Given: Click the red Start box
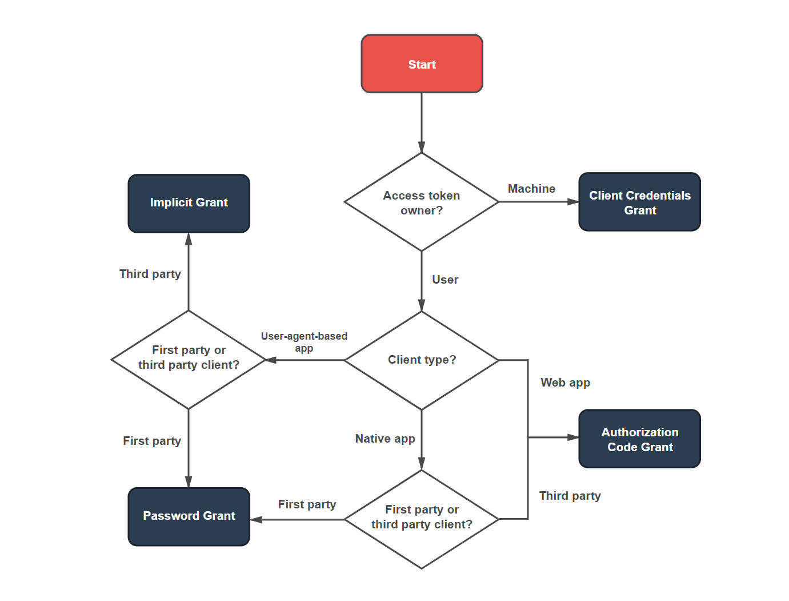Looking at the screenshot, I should pyautogui.click(x=422, y=63).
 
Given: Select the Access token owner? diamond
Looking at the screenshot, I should pyautogui.click(x=422, y=202).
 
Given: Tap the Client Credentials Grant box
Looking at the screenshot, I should pyautogui.click(x=639, y=202).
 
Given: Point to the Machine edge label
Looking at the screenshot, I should pyautogui.click(x=531, y=189).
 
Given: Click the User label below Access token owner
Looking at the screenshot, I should pyautogui.click(x=445, y=280).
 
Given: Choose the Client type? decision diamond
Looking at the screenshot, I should pyautogui.click(x=422, y=360).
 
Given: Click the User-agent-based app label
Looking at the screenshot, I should pyautogui.click(x=304, y=342).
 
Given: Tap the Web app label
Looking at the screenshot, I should pyautogui.click(x=565, y=383).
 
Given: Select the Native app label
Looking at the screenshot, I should pyautogui.click(x=385, y=439).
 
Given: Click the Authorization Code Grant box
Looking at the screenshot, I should pyautogui.click(x=639, y=439).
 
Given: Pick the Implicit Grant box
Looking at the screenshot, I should pyautogui.click(x=189, y=203).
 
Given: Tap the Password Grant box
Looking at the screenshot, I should pyautogui.click(x=189, y=516).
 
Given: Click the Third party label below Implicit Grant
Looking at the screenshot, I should pyautogui.click(x=150, y=274).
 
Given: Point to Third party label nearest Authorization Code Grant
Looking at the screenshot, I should pyautogui.click(x=570, y=496).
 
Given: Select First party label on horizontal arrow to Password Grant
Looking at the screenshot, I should pyautogui.click(x=307, y=504).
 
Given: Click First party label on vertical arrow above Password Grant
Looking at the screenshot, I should pyautogui.click(x=151, y=441).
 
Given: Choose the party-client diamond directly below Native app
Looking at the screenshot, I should pyautogui.click(x=422, y=519).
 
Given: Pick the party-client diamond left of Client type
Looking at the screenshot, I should pyautogui.click(x=189, y=360).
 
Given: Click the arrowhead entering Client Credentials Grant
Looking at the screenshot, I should pyautogui.click(x=573, y=202).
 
